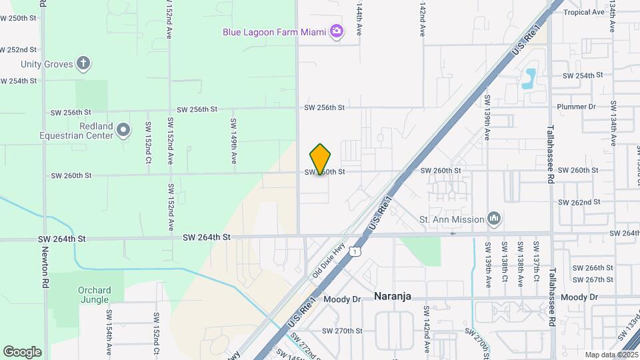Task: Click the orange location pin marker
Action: point(321,159)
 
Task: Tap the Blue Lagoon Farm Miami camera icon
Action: point(337,31)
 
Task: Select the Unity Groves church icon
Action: point(83,64)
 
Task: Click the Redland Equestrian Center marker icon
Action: point(123,130)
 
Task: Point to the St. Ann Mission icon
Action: point(494,218)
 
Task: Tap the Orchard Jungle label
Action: point(94,295)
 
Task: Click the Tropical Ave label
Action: point(583,13)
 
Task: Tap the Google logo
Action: point(22,351)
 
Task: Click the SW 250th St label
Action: point(18,18)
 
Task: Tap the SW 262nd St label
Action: point(579,202)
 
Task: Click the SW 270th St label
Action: point(342,331)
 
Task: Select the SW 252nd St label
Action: point(18,50)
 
